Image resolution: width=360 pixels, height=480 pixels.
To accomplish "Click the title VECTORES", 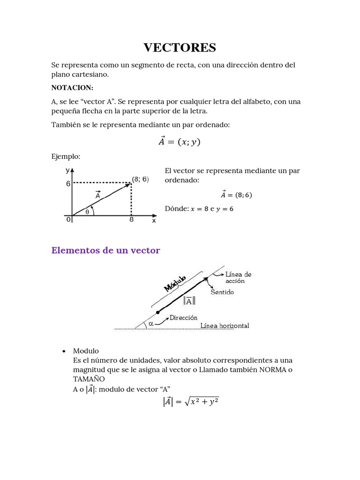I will [180, 47].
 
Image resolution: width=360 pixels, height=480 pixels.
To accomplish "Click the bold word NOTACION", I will [72, 88].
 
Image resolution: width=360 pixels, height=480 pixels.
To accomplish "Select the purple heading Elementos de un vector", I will [105, 250].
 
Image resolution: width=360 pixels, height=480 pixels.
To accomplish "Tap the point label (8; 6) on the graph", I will [140, 179].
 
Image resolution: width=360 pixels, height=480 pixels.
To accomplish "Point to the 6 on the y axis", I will [68, 184].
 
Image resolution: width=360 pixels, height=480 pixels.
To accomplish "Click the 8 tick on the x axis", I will [131, 219].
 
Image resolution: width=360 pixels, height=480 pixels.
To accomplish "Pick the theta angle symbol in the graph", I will [87, 211].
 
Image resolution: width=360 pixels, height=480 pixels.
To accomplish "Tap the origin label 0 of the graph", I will [68, 219].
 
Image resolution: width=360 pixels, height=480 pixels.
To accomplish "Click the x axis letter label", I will [154, 220].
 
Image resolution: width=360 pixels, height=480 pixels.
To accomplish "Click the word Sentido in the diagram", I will [222, 292].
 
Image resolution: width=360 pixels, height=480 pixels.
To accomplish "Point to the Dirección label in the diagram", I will [184, 317].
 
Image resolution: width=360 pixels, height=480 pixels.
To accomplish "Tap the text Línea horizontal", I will [225, 326].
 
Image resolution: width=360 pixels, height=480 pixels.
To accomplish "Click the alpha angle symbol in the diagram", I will [151, 323].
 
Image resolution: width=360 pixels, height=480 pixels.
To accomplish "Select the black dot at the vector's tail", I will [158, 312].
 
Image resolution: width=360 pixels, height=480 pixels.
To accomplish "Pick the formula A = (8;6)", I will [236, 195].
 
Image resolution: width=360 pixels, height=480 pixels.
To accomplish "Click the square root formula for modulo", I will [191, 402].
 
